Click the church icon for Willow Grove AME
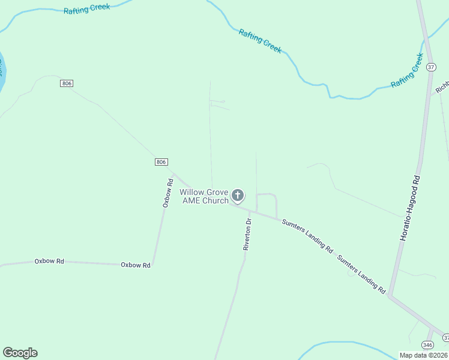tap(238, 195)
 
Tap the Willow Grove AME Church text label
tap(204, 196)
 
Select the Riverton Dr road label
tap(247, 234)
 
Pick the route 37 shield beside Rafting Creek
tap(431, 67)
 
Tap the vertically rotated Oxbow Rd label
tap(167, 193)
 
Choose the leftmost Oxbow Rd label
tap(49, 261)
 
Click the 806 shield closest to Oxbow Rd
tap(161, 162)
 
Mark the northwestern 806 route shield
tap(67, 83)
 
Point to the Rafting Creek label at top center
tap(260, 41)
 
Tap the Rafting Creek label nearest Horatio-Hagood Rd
tap(408, 70)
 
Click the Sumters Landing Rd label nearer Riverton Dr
tap(307, 236)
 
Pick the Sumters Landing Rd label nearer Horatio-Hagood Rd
tap(361, 274)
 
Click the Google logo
tap(20, 353)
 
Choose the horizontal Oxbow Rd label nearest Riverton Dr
tap(136, 265)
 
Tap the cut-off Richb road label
tap(442, 86)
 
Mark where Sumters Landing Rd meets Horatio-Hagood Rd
tap(390, 295)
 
